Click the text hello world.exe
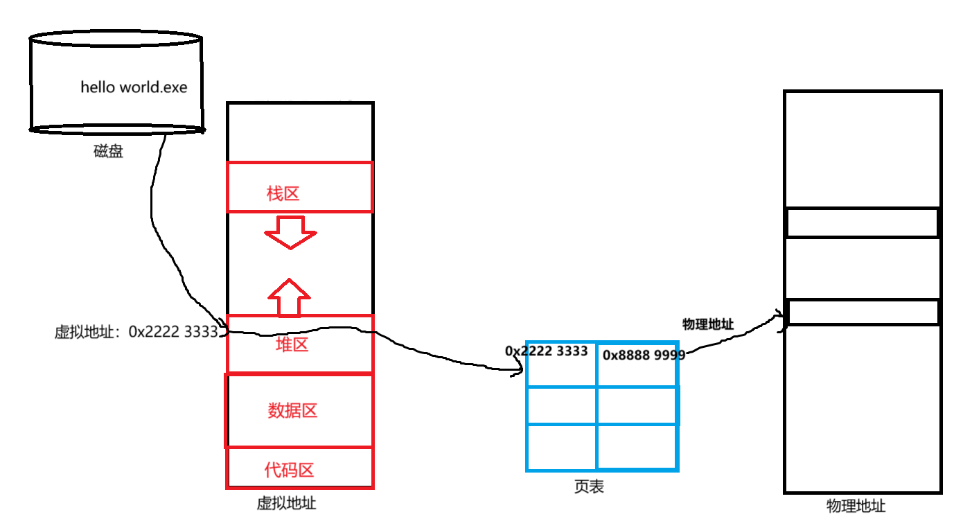pyautogui.click(x=134, y=87)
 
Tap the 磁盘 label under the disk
pyautogui.click(x=108, y=152)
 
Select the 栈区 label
pyautogui.click(x=283, y=193)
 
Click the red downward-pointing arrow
pyautogui.click(x=290, y=232)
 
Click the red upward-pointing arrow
pyautogui.click(x=290, y=296)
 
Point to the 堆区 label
pyautogui.click(x=292, y=345)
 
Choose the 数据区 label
pyautogui.click(x=292, y=411)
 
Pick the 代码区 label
pyautogui.click(x=290, y=470)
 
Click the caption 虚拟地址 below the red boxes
pyautogui.click(x=286, y=504)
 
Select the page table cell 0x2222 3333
pyautogui.click(x=547, y=351)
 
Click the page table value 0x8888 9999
pyautogui.click(x=644, y=355)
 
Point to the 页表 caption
pyautogui.click(x=589, y=487)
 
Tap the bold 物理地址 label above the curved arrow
pyautogui.click(x=707, y=324)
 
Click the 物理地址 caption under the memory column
pyautogui.click(x=856, y=506)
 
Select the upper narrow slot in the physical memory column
pyautogui.click(x=863, y=223)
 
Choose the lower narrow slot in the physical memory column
pyautogui.click(x=863, y=313)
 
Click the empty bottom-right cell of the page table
pyautogui.click(x=636, y=447)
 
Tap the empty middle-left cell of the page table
pyautogui.click(x=561, y=405)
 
